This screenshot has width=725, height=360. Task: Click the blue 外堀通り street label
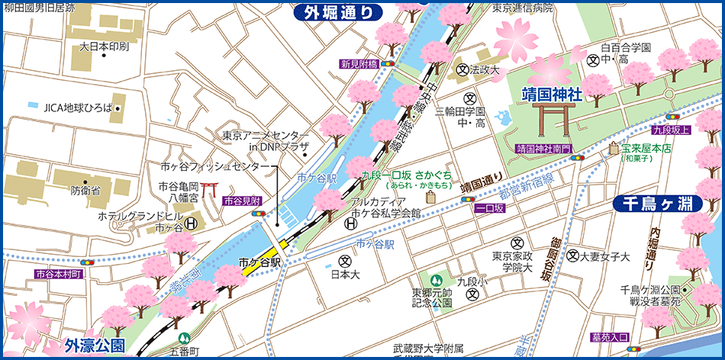(x=338, y=11)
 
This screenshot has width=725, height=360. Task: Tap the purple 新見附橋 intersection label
(x=359, y=64)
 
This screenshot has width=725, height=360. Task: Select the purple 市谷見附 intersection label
(x=243, y=201)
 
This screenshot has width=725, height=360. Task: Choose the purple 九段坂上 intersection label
(x=671, y=130)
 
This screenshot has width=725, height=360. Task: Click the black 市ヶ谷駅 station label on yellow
(x=260, y=262)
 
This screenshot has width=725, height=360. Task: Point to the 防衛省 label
(x=85, y=191)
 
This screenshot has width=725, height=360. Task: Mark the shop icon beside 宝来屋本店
(x=613, y=150)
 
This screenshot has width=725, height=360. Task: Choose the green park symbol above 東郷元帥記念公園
(x=436, y=281)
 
